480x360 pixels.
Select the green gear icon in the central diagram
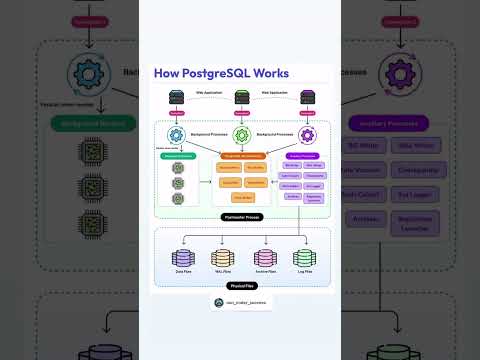pyautogui.click(x=241, y=133)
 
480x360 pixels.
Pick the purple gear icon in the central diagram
pyautogui.click(x=306, y=133)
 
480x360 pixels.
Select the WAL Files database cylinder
pyautogui.click(x=219, y=259)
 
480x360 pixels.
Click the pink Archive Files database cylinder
pyautogui.click(x=263, y=259)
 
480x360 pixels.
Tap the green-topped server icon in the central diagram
pyautogui.click(x=241, y=97)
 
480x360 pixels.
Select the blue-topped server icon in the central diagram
pyautogui.click(x=177, y=97)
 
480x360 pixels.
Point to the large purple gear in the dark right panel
pyautogui.click(x=389, y=73)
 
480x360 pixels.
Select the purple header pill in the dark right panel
pyautogui.click(x=389, y=124)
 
